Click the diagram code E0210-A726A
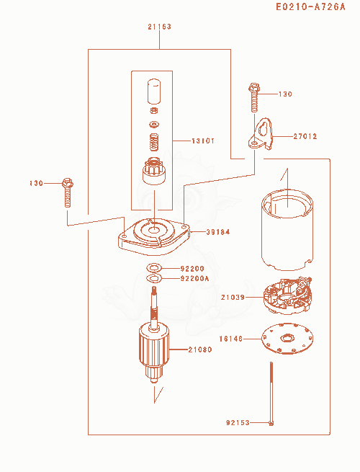click(310, 6)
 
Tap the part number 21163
click(159, 27)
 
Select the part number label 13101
click(203, 141)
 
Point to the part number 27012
click(305, 136)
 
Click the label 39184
click(218, 232)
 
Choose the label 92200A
click(194, 278)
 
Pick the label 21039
click(233, 297)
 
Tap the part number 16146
click(231, 339)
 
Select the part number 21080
click(200, 349)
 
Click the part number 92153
click(238, 422)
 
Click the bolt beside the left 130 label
click(68, 192)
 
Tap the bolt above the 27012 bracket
click(254, 97)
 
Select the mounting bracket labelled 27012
click(261, 134)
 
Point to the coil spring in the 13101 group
click(154, 142)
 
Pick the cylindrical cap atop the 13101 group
click(153, 92)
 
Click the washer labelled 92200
click(154, 267)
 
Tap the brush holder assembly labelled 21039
click(287, 296)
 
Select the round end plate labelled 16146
click(287, 339)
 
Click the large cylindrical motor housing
click(287, 230)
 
